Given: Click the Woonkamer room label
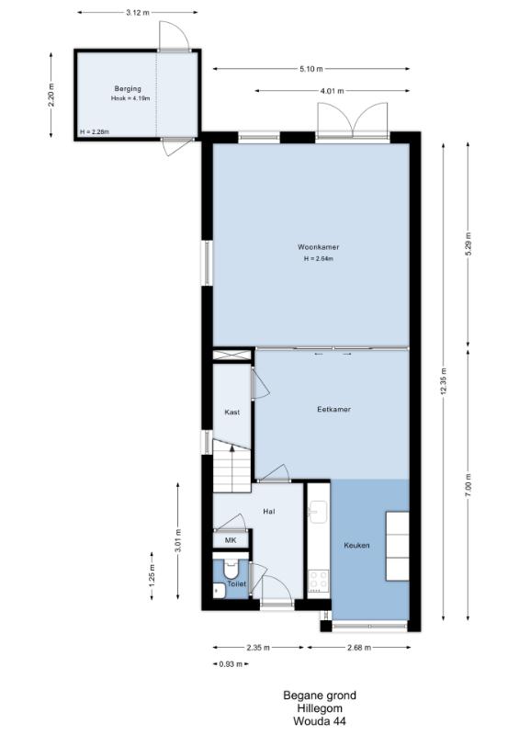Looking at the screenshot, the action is pos(319,247).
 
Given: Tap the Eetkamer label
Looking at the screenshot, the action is pos(333,409).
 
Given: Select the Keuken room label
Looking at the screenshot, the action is pos(356,546).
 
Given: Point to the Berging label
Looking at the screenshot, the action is pos(128,89).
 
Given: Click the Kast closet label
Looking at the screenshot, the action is pos(232,413).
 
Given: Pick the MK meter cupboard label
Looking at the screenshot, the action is pos(231,540).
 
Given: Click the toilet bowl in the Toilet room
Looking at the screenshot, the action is pos(231,569).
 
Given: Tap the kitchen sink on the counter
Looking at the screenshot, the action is pos(318,511).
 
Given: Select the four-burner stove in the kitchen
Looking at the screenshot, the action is pos(319,582).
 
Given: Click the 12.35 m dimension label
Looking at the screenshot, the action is pos(443,381).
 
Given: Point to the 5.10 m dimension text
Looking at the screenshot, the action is pos(310,70).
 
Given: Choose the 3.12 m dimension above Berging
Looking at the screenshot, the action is pos(138,13).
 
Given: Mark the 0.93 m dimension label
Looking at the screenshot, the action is pos(231,663).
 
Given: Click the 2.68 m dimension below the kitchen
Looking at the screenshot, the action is pos(358,648).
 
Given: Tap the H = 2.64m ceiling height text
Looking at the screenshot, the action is pos(319,259).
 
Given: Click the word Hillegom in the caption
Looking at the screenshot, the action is pos(320,708).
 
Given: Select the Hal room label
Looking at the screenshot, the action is pos(269,512).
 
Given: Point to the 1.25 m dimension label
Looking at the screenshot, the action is pos(152,576).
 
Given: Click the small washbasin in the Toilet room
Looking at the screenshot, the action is pos(219,591).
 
